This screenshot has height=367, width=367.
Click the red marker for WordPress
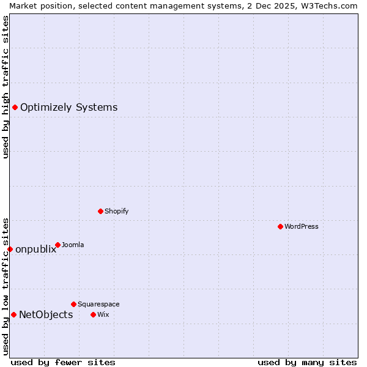pyautogui.click(x=280, y=226)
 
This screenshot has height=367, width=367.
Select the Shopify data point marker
pyautogui.click(x=101, y=211)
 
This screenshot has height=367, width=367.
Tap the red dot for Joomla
pyautogui.click(x=57, y=245)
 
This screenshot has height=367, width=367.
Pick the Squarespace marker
pyautogui.click(x=73, y=304)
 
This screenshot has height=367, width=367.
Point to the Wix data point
pyautogui.click(x=93, y=314)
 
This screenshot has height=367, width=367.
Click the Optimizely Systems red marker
pyautogui.click(x=15, y=108)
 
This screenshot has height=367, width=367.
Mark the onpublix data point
pyautogui.click(x=10, y=249)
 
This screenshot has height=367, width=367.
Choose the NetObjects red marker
pyautogui.click(x=13, y=314)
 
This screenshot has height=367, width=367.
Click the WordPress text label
pyautogui.click(x=302, y=226)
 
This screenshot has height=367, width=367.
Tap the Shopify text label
pyautogui.click(x=117, y=211)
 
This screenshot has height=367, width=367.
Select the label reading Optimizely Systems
pyautogui.click(x=69, y=108)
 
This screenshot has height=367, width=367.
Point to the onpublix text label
pyautogui.click(x=35, y=249)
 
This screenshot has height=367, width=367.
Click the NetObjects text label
pyautogui.click(x=46, y=315)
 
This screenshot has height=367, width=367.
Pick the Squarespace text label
pyautogui.click(x=98, y=304)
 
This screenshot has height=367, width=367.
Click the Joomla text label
pyautogui.click(x=73, y=245)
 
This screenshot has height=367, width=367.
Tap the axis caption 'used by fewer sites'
pyautogui.click(x=63, y=362)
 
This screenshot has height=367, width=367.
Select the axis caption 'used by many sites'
pyautogui.click(x=307, y=362)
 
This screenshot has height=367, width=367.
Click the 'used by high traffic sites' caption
pyautogui.click(x=6, y=87)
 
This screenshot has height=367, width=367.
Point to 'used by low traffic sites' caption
pyautogui.click(x=6, y=286)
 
